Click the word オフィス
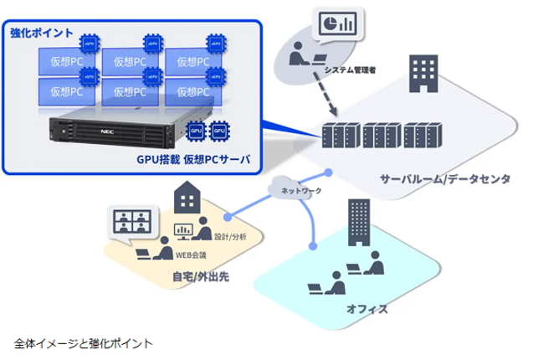point(366,309)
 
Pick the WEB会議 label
point(192,255)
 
